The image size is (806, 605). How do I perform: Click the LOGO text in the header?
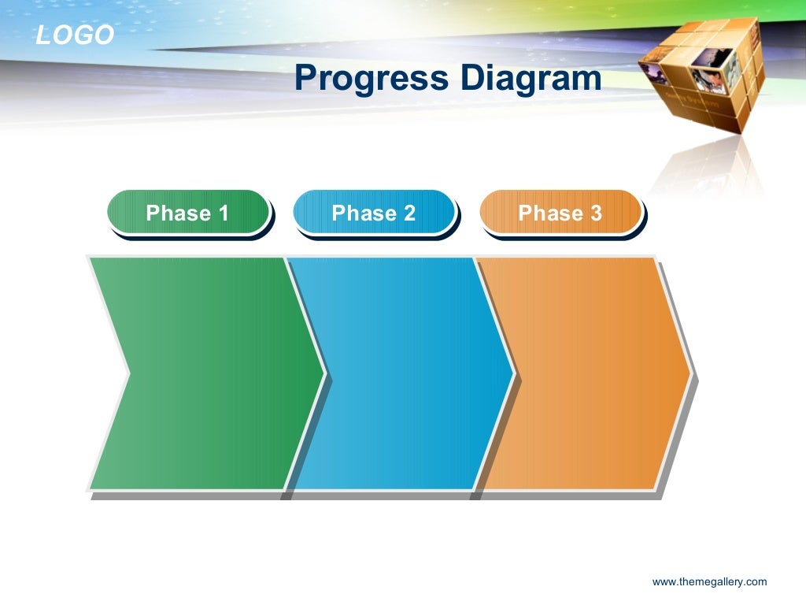[75, 35]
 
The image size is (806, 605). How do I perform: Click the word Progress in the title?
[372, 79]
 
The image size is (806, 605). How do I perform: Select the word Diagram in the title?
[531, 79]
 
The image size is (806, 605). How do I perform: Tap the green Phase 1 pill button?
[188, 212]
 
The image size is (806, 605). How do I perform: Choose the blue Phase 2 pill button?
[374, 212]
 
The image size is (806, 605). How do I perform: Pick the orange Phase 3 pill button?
[560, 212]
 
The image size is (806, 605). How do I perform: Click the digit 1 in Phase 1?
[224, 213]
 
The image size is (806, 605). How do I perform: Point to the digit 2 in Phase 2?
[409, 213]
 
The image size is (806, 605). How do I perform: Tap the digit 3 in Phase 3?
[596, 213]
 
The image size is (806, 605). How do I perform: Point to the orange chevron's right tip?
[690, 373]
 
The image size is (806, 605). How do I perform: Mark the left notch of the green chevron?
[128, 373]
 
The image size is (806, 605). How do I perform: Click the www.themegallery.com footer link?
[709, 582]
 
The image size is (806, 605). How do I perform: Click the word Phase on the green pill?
[179, 213]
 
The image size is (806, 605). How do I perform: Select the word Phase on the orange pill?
[550, 213]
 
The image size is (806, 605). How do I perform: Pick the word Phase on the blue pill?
[364, 213]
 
